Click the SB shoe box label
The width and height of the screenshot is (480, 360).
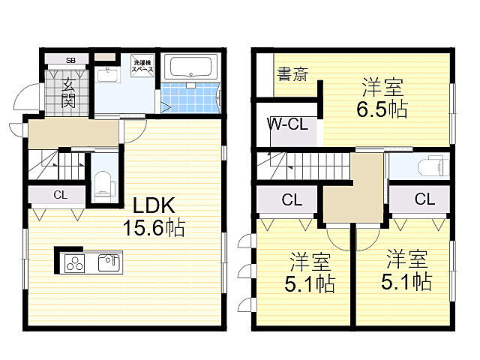pos(70,60)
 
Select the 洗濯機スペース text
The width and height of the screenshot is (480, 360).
pos(142,64)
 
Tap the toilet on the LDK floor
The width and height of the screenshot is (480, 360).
pos(103,183)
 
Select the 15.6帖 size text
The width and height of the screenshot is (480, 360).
pos(155,226)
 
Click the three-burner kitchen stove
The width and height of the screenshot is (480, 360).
pos(76,263)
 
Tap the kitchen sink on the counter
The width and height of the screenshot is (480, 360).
pos(109,262)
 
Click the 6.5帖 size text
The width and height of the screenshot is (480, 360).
pos(382,110)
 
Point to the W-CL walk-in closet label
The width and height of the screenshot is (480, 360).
pos(288,124)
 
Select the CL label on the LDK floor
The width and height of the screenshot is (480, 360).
pos(59,196)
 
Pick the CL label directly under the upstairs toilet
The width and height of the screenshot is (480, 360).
pos(424,199)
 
